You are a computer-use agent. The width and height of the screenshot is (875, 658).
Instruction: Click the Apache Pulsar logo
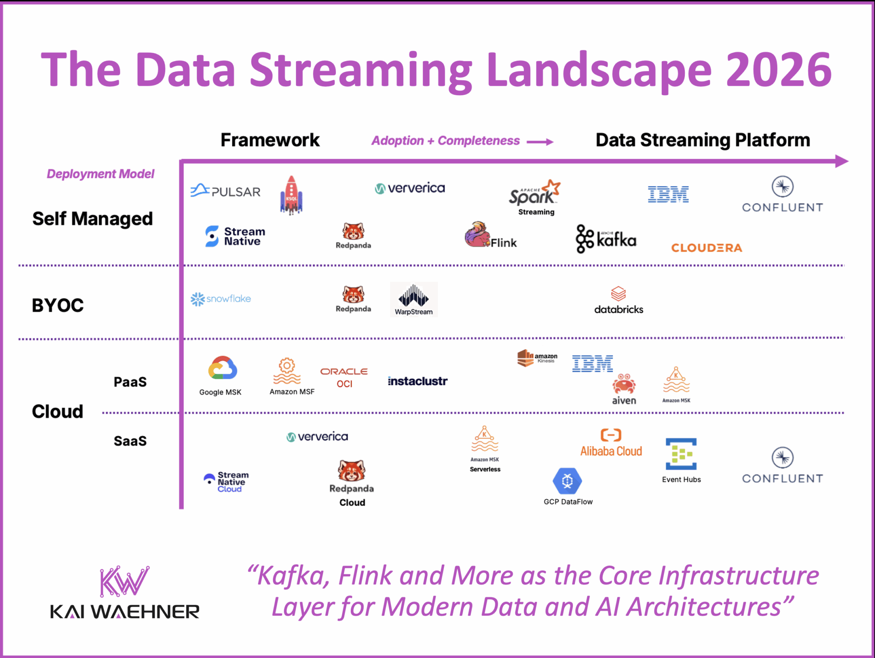point(225,191)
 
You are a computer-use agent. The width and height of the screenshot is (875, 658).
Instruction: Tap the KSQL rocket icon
point(291,195)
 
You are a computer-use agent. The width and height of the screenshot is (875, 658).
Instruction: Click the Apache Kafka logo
point(606,239)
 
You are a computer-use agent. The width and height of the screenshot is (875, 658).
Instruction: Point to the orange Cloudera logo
point(706,248)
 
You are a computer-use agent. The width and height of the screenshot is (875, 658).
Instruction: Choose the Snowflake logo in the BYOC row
point(220,299)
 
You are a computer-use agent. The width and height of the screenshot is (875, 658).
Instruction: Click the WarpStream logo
point(414,299)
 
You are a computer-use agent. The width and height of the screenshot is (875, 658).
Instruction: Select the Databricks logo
point(618,301)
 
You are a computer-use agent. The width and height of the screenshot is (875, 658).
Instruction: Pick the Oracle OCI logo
point(344,377)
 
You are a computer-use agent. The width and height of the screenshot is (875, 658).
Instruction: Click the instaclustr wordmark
point(417,381)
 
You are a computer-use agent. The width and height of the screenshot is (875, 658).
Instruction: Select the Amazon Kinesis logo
point(537,358)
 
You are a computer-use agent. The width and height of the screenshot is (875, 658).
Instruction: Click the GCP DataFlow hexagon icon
point(567,481)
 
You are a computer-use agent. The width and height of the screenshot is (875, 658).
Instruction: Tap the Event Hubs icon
point(681,454)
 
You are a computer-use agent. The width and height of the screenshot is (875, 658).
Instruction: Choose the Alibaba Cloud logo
point(611,443)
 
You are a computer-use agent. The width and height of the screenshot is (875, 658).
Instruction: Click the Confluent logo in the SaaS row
point(782,466)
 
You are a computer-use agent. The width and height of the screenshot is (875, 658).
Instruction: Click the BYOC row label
point(58,305)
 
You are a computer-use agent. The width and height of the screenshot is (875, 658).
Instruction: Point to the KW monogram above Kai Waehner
point(124,581)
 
